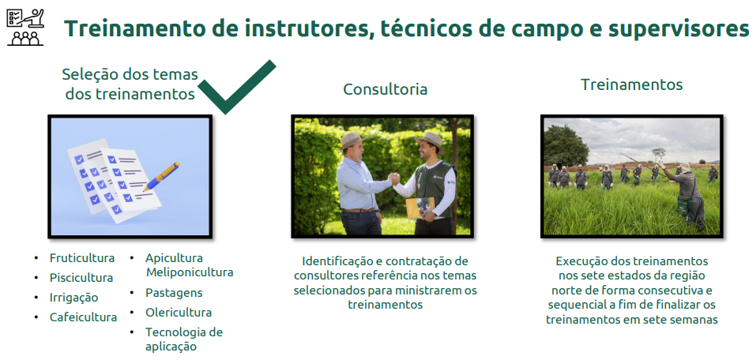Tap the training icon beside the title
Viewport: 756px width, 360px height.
pos(25,28)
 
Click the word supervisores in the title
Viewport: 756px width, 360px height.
pos(679,29)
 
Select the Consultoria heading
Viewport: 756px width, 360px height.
pos(386,89)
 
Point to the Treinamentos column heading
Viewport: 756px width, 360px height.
pos(632,84)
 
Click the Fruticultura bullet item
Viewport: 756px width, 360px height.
pos(82,258)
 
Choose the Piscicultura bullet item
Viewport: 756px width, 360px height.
pos(81,278)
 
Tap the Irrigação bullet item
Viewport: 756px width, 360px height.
pos(73,298)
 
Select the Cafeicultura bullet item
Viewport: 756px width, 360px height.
pos(83,317)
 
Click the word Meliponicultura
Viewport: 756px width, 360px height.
pos(190,272)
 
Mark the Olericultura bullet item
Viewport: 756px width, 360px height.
pos(179,313)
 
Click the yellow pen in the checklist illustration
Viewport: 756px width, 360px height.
pos(161,176)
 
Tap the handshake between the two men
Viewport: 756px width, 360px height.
pos(394,179)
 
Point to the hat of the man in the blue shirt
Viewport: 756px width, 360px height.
pos(352,140)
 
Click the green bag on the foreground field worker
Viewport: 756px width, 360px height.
pos(685,204)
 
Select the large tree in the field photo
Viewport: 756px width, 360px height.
pos(566,145)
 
